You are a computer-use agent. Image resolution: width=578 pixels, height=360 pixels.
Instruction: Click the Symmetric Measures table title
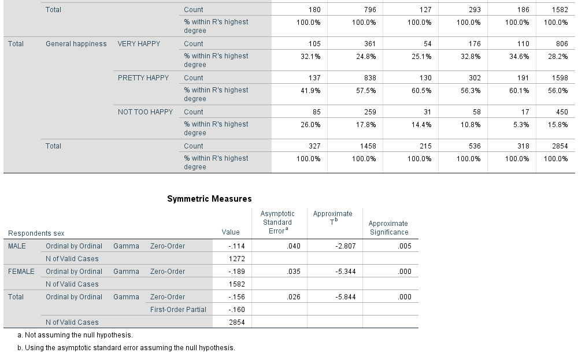pos(209,199)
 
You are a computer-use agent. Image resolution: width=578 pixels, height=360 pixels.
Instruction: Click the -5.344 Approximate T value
pos(346,272)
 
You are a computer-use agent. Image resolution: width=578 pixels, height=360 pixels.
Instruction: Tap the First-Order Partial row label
pos(178,310)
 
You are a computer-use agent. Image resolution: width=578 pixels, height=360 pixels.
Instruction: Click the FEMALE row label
pos(21,272)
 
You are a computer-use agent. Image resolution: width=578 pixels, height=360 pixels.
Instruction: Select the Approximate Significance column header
pos(388,228)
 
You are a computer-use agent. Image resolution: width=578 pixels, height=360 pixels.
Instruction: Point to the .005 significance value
pos(404,246)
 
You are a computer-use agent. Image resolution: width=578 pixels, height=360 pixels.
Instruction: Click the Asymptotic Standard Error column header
pos(277,222)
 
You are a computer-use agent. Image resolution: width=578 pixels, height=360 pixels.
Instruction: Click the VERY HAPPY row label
pos(139,44)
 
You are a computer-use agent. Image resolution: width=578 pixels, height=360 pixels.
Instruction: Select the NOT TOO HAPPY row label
pos(145,112)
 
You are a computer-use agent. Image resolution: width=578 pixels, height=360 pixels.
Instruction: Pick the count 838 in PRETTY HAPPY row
pos(369,78)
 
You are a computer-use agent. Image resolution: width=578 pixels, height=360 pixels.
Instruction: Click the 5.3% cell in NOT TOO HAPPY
pos(520,125)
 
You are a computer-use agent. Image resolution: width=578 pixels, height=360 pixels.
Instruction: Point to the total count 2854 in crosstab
pos(560,146)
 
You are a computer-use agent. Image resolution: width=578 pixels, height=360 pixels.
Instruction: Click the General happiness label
pos(76,44)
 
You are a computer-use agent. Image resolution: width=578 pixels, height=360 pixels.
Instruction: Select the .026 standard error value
pos(294,297)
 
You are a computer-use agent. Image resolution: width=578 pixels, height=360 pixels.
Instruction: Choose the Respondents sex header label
pos(36,233)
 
